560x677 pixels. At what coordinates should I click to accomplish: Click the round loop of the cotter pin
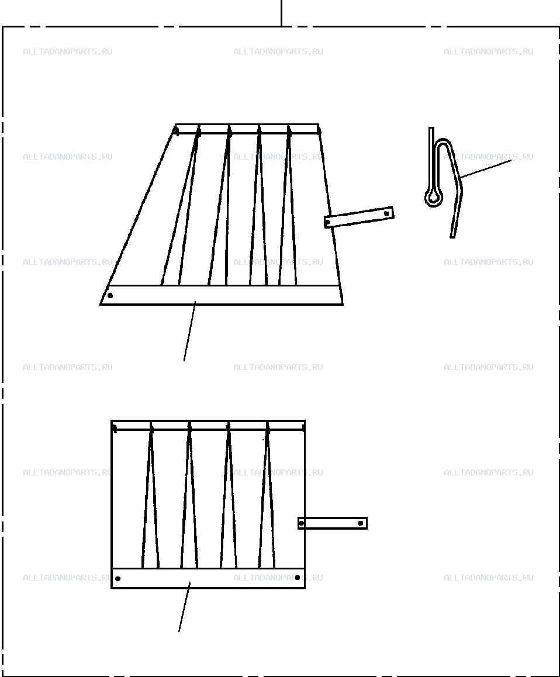click(434, 198)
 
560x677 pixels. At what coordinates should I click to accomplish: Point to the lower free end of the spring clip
click(452, 235)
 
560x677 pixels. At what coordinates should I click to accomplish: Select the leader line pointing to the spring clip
click(486, 168)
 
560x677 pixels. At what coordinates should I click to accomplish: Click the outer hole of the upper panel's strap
click(387, 213)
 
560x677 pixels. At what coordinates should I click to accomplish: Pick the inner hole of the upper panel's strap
click(328, 222)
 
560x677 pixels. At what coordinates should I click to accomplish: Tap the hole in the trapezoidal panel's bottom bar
click(110, 296)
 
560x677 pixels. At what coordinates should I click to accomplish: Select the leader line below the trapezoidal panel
click(189, 331)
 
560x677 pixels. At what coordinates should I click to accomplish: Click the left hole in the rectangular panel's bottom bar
click(118, 579)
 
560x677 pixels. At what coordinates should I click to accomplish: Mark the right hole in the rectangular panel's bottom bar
click(298, 577)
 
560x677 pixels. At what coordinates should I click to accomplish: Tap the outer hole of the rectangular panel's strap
click(361, 523)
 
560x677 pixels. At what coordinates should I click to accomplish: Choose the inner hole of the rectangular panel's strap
click(301, 523)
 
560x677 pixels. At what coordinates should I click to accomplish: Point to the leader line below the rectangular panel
click(184, 607)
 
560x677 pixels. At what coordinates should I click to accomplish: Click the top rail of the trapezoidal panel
click(247, 129)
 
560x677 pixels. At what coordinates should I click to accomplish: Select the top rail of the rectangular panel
click(208, 425)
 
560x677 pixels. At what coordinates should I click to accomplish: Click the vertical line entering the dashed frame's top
click(282, 13)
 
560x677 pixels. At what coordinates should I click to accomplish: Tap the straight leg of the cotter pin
click(431, 159)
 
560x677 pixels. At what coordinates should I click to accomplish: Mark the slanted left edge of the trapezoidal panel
click(138, 215)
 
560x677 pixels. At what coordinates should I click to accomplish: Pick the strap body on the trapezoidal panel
click(359, 217)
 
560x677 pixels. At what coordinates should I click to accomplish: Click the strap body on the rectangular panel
click(333, 523)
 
